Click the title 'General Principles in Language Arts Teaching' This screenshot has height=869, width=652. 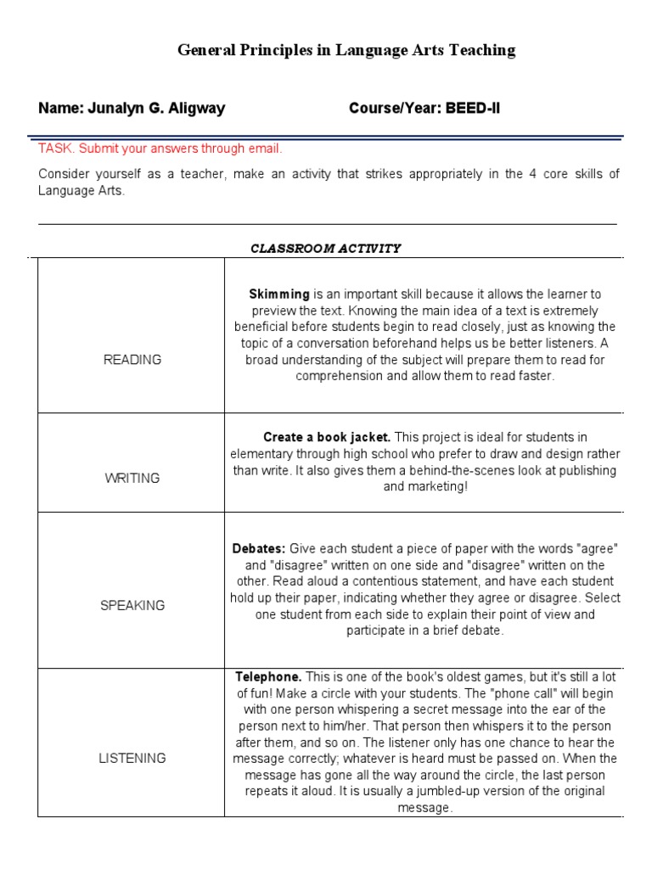(x=346, y=50)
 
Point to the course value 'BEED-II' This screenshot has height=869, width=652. (x=470, y=109)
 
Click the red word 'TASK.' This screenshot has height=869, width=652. (x=56, y=149)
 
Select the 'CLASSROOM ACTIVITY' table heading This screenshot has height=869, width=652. (x=326, y=249)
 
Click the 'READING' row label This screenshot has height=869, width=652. (x=132, y=360)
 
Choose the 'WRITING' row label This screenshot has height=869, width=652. (x=132, y=479)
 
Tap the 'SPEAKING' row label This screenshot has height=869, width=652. (x=132, y=606)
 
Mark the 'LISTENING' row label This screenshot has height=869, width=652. (x=132, y=759)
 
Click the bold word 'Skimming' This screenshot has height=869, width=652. (x=279, y=294)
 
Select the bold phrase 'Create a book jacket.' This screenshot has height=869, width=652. (x=327, y=438)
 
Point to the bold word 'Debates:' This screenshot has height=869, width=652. (x=260, y=549)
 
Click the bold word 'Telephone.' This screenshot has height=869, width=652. (x=268, y=677)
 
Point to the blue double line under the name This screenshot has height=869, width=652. (x=326, y=136)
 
